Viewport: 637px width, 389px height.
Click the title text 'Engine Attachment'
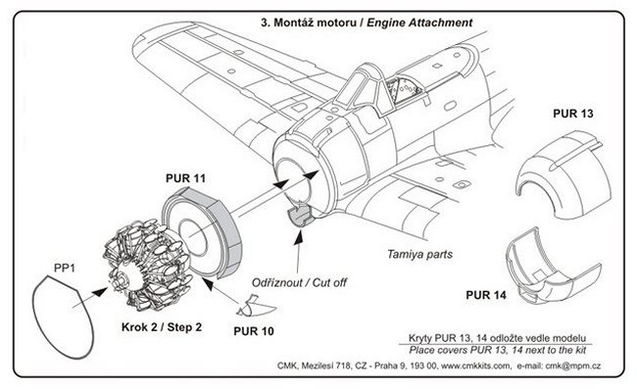pyautogui.click(x=419, y=23)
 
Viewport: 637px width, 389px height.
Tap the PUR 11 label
pyautogui.click(x=185, y=178)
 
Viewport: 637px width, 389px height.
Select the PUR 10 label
pyautogui.click(x=254, y=331)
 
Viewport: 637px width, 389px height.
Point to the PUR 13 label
pyautogui.click(x=573, y=114)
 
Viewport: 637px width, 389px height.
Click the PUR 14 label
pyautogui.click(x=486, y=295)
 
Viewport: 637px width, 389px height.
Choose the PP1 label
pyautogui.click(x=65, y=268)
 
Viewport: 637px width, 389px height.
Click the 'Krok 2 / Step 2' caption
pyautogui.click(x=162, y=327)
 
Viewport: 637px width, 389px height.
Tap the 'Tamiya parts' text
pyautogui.click(x=419, y=255)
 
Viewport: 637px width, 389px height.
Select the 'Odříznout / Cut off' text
pyautogui.click(x=300, y=282)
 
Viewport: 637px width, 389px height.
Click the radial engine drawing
pyautogui.click(x=146, y=264)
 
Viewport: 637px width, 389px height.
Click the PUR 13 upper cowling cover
pyautogui.click(x=563, y=174)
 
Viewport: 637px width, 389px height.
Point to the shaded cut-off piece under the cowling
pyautogui.click(x=300, y=216)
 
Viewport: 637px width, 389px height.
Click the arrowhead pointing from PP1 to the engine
pyautogui.click(x=100, y=292)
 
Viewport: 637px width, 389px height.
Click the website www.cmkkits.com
pyautogui.click(x=475, y=365)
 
